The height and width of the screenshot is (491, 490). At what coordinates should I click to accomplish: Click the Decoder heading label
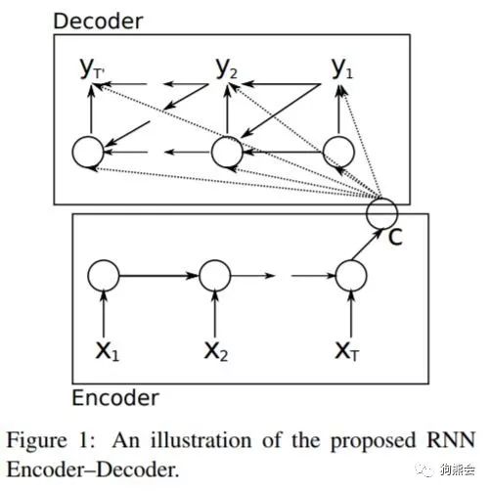point(98,22)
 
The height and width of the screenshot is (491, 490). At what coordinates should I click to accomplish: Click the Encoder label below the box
point(115,398)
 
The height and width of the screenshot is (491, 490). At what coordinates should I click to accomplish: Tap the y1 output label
point(342,68)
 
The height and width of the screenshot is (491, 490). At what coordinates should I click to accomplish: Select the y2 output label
point(227,68)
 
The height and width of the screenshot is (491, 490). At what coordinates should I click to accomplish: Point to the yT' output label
point(92,68)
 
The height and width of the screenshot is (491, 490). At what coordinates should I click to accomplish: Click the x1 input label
point(108,351)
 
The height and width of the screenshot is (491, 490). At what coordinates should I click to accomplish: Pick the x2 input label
point(215,351)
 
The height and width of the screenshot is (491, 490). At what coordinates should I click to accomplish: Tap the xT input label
point(347,351)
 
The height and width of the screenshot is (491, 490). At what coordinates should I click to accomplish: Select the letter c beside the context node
point(395,237)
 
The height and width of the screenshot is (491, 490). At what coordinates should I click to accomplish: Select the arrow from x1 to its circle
point(104,314)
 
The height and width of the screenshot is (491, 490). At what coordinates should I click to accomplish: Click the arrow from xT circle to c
point(367,245)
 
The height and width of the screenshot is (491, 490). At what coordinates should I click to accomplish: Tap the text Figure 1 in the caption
point(50,441)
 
